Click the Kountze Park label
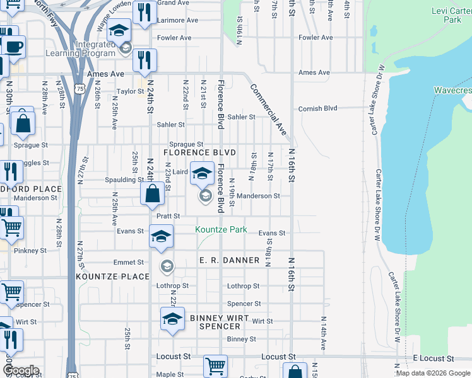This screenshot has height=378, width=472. point(221,230)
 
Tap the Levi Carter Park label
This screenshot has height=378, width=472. point(448,15)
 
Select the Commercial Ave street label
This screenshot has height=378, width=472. point(269,109)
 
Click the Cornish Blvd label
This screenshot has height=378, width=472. point(318,108)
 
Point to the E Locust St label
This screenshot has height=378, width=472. point(434,358)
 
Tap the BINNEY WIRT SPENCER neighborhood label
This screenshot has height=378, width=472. point(220,322)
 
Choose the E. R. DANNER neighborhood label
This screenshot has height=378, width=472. point(229,260)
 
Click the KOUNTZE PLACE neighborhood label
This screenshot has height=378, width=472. point(112,277)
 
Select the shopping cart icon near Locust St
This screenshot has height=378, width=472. point(215,365)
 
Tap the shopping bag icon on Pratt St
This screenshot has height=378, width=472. point(153,193)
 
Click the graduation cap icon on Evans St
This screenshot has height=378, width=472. point(161,236)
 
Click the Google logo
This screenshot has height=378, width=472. point(21,370)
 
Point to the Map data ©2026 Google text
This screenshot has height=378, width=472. point(432,373)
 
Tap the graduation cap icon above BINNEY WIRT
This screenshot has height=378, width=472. point(172,318)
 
